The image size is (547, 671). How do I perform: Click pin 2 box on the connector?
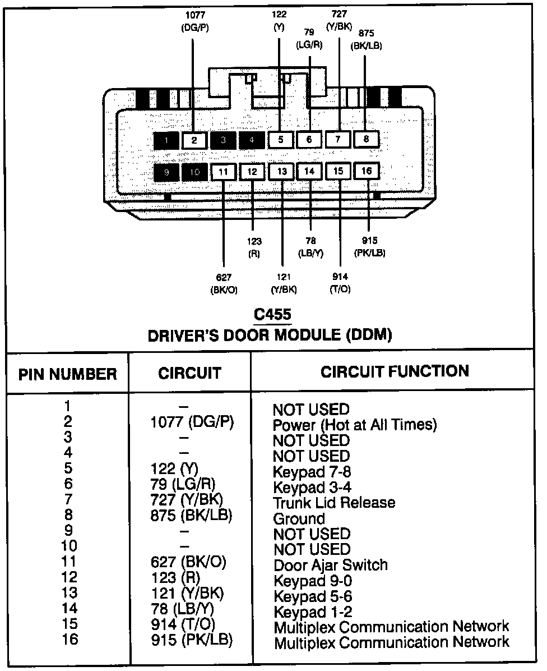coord(194,140)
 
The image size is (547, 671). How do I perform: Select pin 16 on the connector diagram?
coord(367,171)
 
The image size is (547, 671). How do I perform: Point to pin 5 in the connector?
coord(281,140)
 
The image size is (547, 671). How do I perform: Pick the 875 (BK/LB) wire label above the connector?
coord(367,40)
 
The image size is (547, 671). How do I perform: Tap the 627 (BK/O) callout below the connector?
coord(223,283)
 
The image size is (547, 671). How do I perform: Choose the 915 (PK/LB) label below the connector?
coord(370,247)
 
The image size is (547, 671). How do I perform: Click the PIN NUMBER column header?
coord(68,374)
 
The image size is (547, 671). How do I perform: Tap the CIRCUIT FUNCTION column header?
coord(395,371)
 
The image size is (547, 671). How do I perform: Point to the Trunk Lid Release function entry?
coord(334,503)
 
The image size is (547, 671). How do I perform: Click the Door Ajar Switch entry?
coord(331,565)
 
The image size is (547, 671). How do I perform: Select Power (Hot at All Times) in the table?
coord(354,425)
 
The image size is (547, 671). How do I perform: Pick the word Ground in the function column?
coord(299,518)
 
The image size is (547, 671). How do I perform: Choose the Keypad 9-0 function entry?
coord(313,581)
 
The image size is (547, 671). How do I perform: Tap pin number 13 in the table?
coord(69,592)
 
